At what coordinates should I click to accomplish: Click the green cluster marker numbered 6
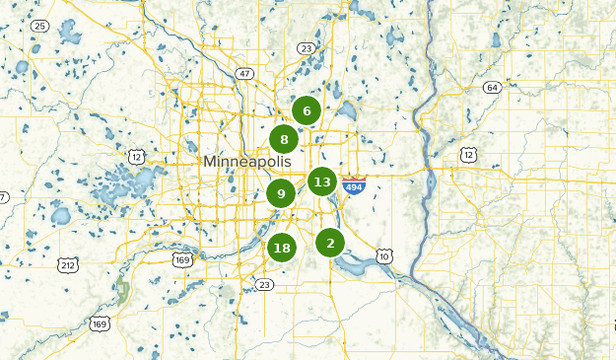(307, 110)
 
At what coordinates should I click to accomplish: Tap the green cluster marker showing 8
(284, 139)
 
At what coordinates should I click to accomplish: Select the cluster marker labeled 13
(321, 181)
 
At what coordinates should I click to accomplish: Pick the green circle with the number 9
(281, 193)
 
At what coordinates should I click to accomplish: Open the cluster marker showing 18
(282, 248)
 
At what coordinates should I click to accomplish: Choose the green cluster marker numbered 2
(330, 243)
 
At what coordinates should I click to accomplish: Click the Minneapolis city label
(249, 161)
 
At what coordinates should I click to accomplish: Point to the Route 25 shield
(40, 25)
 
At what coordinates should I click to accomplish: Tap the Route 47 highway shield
(244, 73)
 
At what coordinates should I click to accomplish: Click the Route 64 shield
(492, 88)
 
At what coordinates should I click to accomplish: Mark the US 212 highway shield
(68, 265)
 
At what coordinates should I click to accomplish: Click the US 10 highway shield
(384, 256)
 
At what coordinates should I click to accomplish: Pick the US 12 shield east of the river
(468, 155)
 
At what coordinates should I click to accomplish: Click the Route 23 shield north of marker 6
(307, 48)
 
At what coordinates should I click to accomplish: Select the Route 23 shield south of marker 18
(263, 285)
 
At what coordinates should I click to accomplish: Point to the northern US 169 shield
(181, 260)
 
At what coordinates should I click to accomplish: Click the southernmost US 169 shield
(100, 324)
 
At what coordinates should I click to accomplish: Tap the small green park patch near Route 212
(123, 291)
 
